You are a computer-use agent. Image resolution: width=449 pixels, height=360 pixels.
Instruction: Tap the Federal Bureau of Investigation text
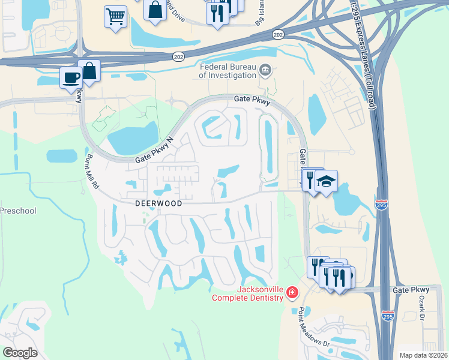(227, 71)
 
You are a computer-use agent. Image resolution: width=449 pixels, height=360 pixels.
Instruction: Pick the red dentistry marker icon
(292, 293)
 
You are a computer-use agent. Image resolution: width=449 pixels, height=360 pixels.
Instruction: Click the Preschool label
(18, 211)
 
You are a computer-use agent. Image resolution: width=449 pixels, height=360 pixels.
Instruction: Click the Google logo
(20, 352)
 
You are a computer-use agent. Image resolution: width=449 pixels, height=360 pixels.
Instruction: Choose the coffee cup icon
(71, 77)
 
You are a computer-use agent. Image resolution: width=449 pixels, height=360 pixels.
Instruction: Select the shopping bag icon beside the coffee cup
(89, 70)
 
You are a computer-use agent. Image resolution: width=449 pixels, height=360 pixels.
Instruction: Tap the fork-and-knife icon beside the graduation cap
(310, 179)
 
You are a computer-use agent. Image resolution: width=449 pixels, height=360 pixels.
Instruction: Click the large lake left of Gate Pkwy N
(132, 140)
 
